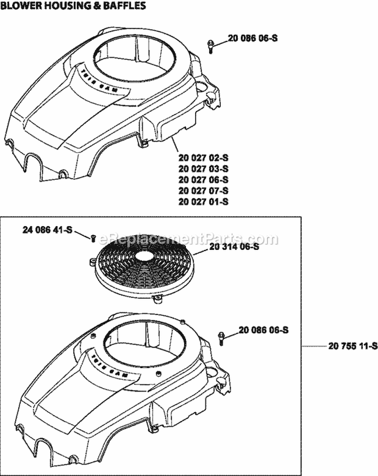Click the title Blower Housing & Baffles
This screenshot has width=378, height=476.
pyautogui.click(x=74, y=7)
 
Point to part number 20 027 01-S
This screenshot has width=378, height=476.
pyautogui.click(x=204, y=201)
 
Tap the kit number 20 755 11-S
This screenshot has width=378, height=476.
pyautogui.click(x=352, y=346)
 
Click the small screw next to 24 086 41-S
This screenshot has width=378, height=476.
pyautogui.click(x=93, y=238)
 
